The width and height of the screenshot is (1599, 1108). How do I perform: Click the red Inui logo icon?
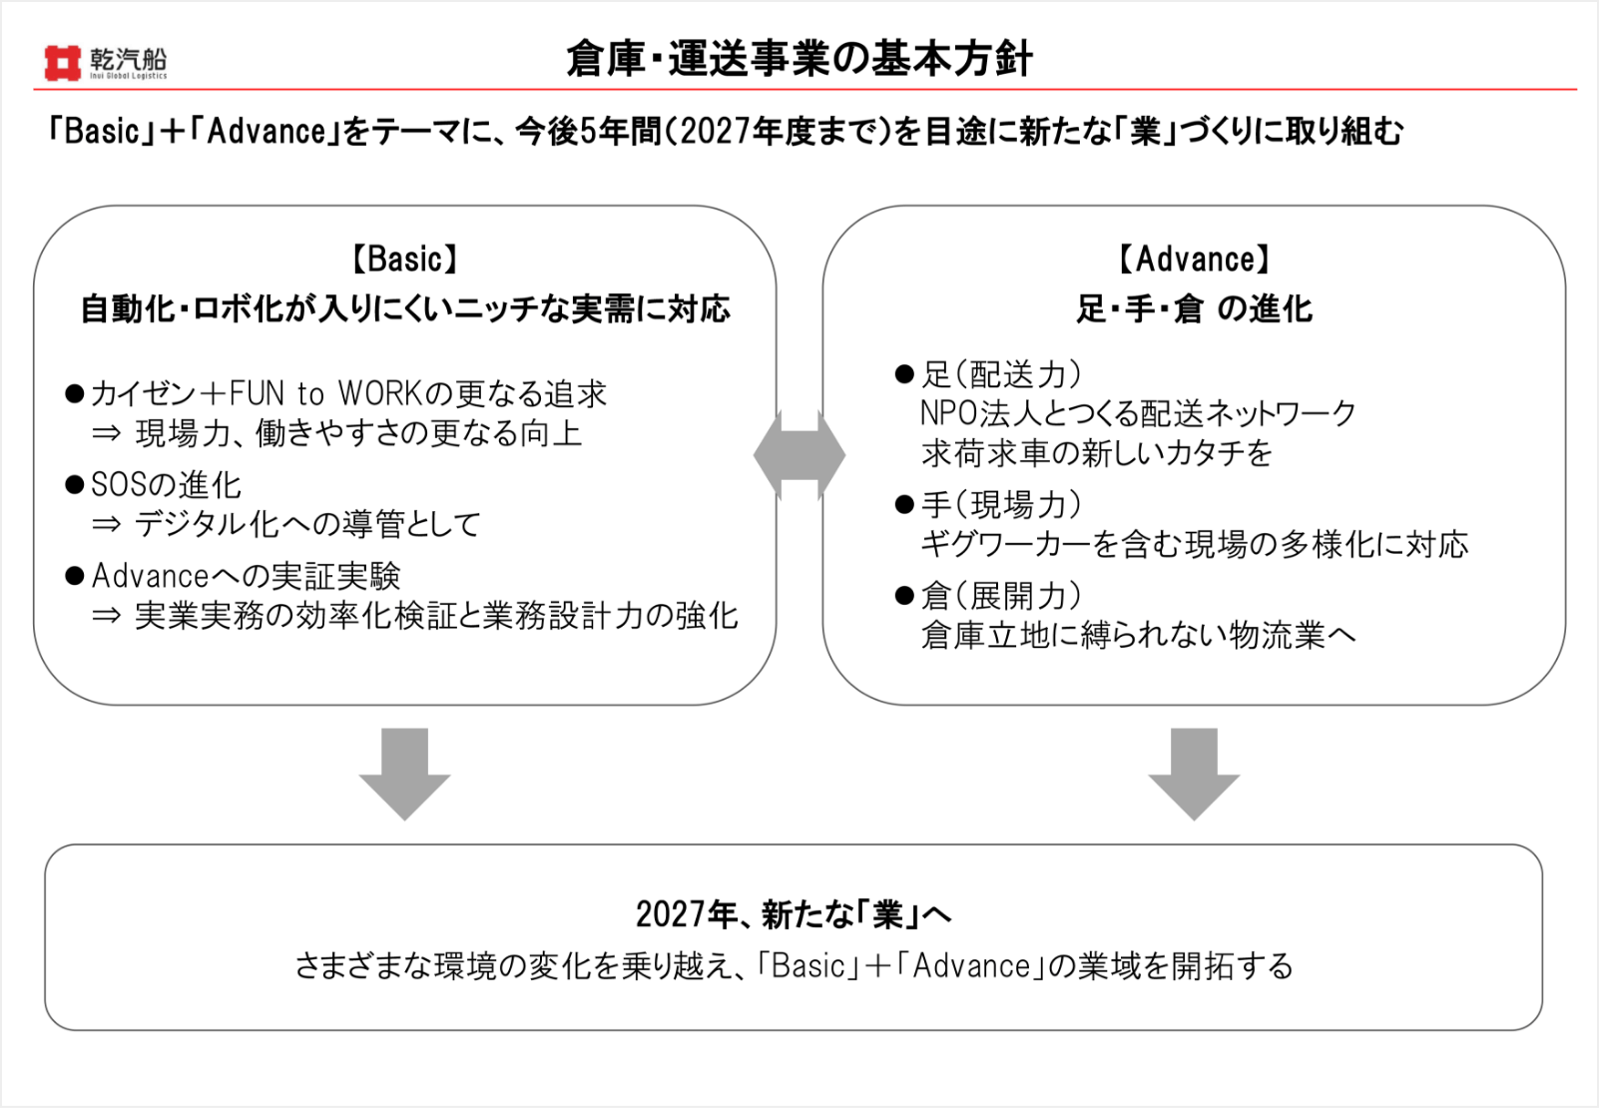click(62, 63)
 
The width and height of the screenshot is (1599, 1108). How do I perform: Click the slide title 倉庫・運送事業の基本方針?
click(799, 59)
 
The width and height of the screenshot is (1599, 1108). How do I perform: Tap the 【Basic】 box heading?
click(405, 260)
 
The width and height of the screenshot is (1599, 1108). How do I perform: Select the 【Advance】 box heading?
click(1194, 260)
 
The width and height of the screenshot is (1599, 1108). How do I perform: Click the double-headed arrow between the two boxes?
click(799, 455)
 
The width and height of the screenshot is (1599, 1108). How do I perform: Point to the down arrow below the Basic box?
click(405, 774)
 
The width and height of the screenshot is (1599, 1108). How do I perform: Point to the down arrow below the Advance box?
click(1194, 774)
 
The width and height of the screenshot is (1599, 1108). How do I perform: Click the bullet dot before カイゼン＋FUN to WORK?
click(75, 393)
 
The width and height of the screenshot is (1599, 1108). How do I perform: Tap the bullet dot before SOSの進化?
click(75, 485)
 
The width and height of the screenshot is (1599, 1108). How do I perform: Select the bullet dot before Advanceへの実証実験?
click(75, 575)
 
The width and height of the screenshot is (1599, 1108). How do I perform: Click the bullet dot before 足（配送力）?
click(904, 374)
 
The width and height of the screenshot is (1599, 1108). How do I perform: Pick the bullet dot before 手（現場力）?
click(904, 505)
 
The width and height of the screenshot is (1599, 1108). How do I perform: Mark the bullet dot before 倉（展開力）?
click(904, 595)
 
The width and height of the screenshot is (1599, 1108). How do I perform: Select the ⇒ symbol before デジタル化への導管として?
click(107, 525)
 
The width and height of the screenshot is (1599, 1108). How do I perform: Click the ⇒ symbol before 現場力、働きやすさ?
click(107, 433)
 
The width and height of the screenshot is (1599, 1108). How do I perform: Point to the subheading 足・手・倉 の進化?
click(1194, 309)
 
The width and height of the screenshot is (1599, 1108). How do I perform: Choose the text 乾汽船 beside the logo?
click(129, 57)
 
